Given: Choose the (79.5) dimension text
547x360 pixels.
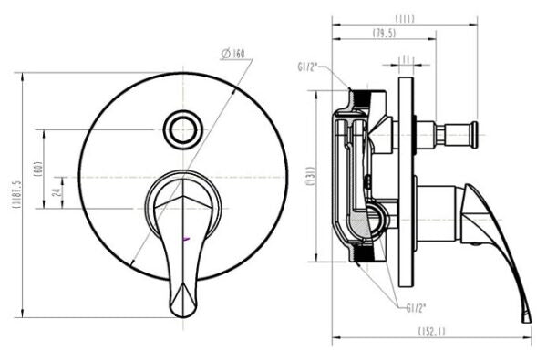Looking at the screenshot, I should pos(384,35).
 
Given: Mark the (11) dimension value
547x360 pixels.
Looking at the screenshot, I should pos(406,59).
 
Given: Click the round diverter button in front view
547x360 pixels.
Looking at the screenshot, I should pos(184,129).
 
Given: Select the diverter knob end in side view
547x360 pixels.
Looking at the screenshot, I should pos(473,134).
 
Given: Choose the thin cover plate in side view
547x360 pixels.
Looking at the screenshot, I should pos(405,173).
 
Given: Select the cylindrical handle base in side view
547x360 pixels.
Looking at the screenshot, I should pos(440,214).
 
